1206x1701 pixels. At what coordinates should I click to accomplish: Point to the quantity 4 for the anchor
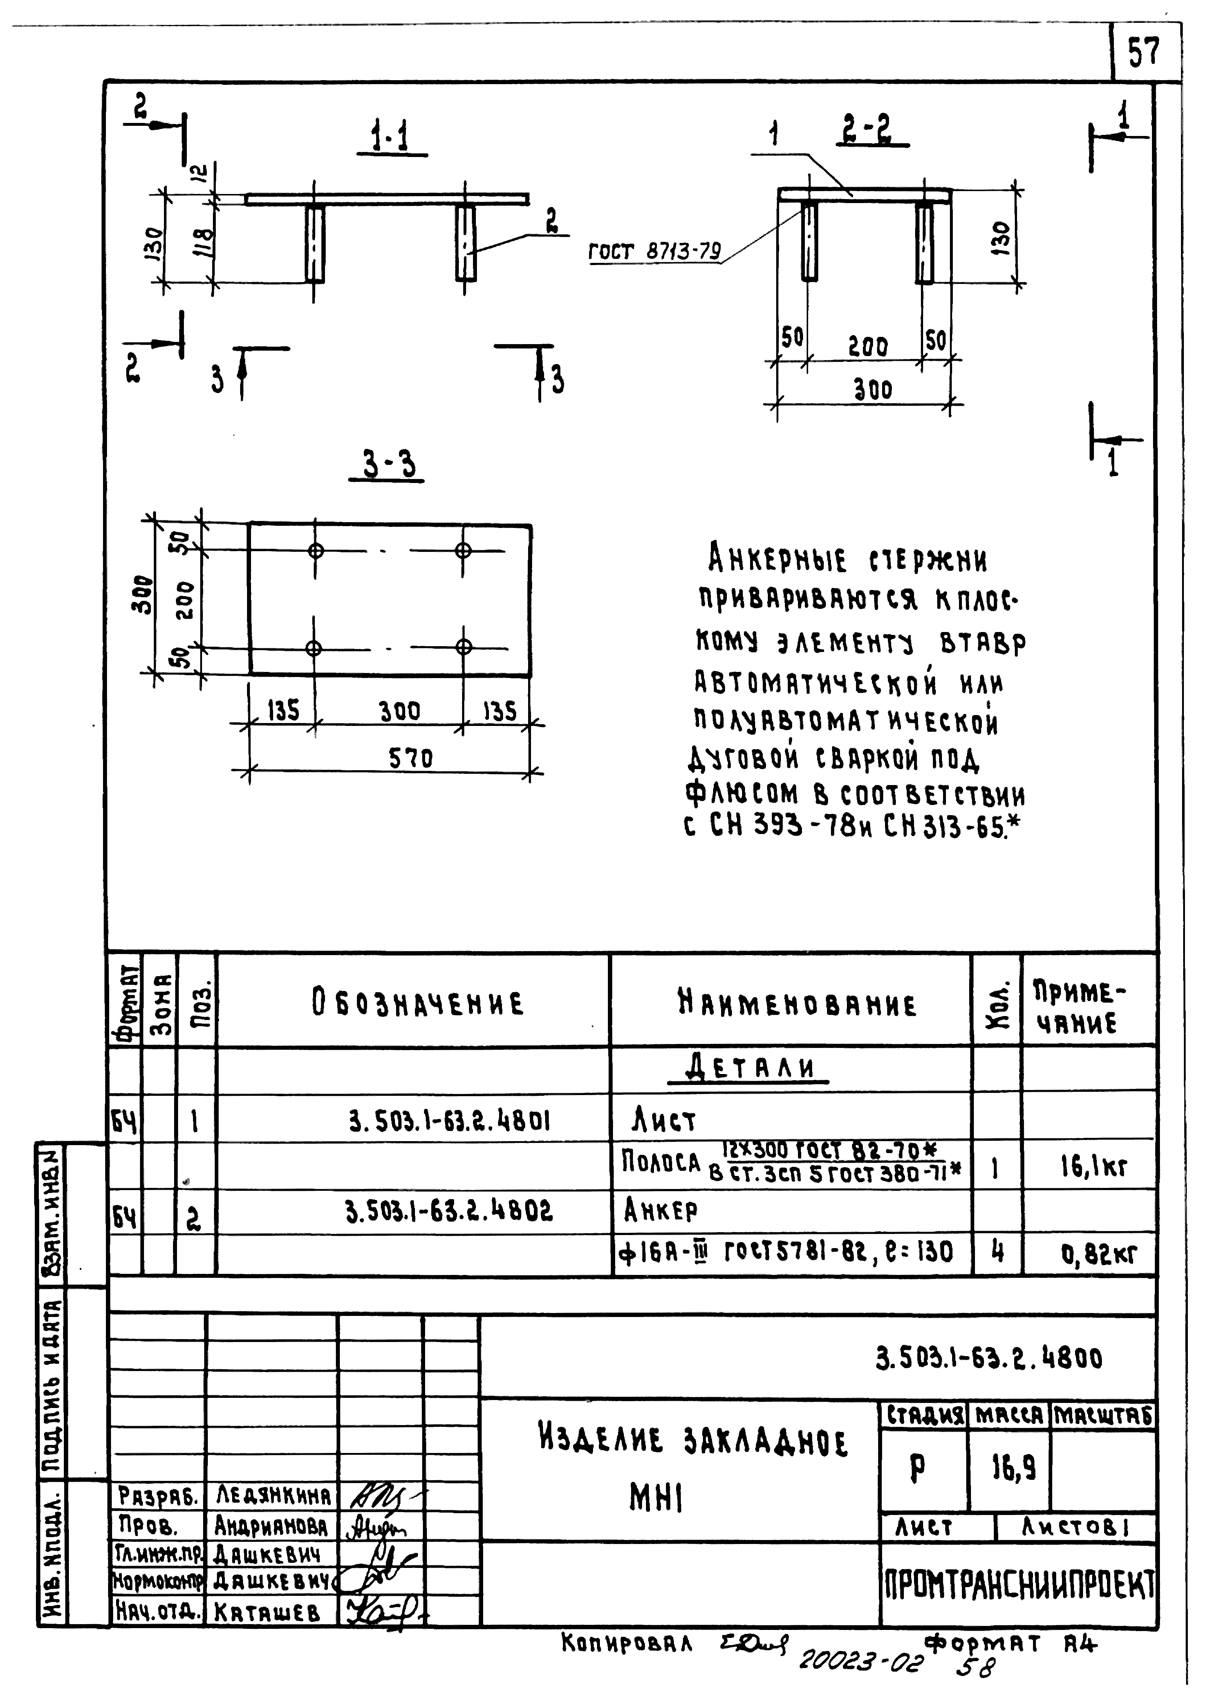tap(997, 1252)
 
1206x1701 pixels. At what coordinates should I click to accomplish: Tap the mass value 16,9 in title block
tap(1014, 1468)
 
